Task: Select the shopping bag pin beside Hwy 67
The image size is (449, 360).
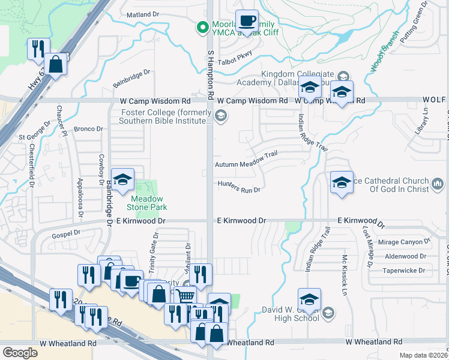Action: coord(55,64)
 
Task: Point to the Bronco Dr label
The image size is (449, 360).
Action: coord(89,128)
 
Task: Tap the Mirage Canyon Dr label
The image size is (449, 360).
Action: coord(408,242)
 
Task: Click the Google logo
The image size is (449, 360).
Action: coord(20,352)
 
